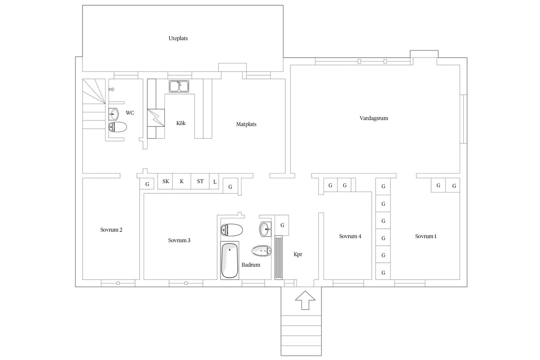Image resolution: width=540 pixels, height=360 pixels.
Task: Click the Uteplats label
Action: point(178,38)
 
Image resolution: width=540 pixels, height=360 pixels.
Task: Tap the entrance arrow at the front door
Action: point(305,300)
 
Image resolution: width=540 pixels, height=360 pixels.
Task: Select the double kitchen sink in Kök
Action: point(179,86)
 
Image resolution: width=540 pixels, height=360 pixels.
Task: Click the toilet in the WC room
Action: point(117,127)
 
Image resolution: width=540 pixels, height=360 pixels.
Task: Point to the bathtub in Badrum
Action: point(230,261)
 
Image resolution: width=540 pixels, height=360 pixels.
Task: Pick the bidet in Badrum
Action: point(261,251)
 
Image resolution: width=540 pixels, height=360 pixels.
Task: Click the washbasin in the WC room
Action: point(114,114)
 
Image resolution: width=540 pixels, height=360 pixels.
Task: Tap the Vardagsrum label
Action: point(374,118)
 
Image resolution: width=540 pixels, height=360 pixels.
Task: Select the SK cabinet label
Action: point(166,181)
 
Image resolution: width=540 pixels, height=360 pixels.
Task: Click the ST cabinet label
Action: point(200,181)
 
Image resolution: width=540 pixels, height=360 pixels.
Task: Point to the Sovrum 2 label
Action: point(111,230)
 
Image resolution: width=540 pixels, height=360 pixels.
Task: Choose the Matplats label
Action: point(246,124)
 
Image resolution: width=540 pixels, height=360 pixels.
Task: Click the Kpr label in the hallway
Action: point(298,254)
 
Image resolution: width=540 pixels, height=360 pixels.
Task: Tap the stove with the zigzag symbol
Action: point(156,118)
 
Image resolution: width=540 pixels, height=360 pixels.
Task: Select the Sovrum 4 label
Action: point(350,236)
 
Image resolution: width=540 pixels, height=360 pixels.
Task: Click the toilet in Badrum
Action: point(232,230)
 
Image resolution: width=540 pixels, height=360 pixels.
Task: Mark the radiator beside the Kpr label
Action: point(279,258)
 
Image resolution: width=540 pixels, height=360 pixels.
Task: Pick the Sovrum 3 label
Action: point(179,241)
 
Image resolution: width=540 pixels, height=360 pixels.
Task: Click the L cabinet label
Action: point(215,182)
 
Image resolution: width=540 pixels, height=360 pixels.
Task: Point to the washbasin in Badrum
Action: point(265,229)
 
